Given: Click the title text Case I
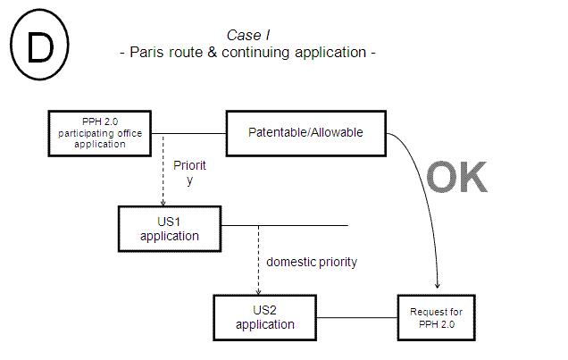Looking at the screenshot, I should tap(248, 35).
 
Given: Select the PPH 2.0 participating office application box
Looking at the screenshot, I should tap(100, 132).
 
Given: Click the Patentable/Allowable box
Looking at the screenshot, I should tap(305, 132).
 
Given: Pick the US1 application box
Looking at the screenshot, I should tap(169, 229).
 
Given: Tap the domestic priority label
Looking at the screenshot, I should tap(312, 262).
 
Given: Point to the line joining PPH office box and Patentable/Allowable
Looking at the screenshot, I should tap(188, 133).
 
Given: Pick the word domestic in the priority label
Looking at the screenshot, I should tap(293, 262).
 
